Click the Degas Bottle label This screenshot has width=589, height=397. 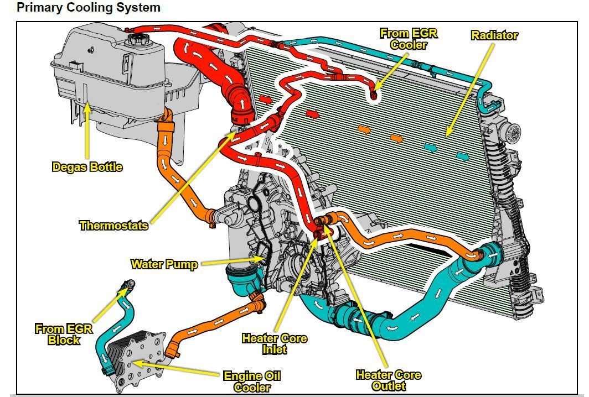(x=87, y=166)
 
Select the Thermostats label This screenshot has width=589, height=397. (x=113, y=225)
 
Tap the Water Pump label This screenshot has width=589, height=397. (x=164, y=264)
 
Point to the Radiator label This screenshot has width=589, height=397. (x=494, y=35)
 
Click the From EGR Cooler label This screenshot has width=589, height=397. (x=409, y=39)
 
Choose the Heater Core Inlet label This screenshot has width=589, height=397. (x=274, y=343)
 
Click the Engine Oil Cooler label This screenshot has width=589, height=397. (x=252, y=382)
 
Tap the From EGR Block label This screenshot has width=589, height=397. (x=64, y=335)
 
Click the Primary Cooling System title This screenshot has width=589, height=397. (x=89, y=8)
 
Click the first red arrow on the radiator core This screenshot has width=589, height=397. (x=266, y=100)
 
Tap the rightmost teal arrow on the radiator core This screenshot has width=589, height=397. (x=463, y=156)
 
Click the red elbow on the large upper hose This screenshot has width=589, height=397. (x=241, y=105)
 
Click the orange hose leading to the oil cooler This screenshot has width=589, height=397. (x=216, y=326)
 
